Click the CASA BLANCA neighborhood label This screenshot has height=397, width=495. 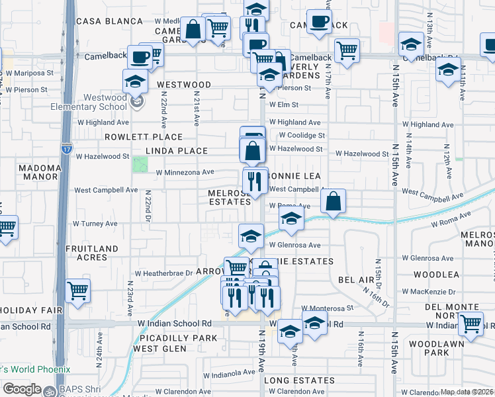[103, 21]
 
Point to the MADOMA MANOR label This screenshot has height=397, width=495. [40, 173]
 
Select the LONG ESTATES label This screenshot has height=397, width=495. [299, 380]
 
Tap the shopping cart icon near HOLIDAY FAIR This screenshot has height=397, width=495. [78, 291]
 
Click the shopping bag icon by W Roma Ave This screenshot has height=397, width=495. [334, 201]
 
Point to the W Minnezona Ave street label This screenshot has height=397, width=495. [185, 172]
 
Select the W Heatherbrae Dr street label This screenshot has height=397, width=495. [163, 273]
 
